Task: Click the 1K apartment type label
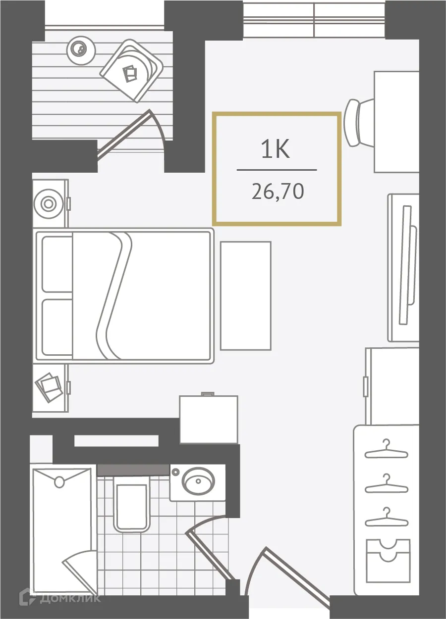(276, 149)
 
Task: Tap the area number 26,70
(277, 191)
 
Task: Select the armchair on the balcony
(132, 71)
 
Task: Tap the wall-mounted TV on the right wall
(406, 265)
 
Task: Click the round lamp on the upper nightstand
(48, 203)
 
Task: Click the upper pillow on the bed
(57, 264)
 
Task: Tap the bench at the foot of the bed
(245, 296)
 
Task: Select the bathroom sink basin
(198, 480)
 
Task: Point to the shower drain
(60, 481)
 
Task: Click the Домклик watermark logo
(59, 597)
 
